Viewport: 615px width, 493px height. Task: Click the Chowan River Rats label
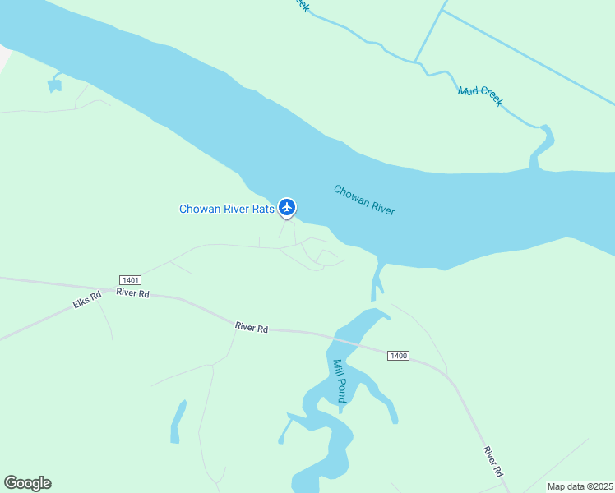pyautogui.click(x=227, y=209)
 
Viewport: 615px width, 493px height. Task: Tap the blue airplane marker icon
pyautogui.click(x=286, y=206)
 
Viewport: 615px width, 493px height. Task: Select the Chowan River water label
pyautogui.click(x=364, y=200)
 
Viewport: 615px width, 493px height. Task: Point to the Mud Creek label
pyautogui.click(x=480, y=95)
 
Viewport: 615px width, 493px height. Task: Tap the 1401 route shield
pyautogui.click(x=130, y=280)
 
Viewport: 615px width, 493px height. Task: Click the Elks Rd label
pyautogui.click(x=86, y=300)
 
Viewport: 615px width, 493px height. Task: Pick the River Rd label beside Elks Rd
pyautogui.click(x=132, y=293)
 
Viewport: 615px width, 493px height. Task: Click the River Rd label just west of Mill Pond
pyautogui.click(x=252, y=327)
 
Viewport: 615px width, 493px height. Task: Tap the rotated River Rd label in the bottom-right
pyautogui.click(x=492, y=461)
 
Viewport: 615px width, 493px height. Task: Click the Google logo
pyautogui.click(x=27, y=483)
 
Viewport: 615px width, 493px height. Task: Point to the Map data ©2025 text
pyautogui.click(x=580, y=486)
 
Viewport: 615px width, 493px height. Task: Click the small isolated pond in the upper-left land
pyautogui.click(x=55, y=83)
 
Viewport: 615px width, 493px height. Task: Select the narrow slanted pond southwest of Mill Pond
pyautogui.click(x=178, y=422)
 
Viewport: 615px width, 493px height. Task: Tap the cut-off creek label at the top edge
pyautogui.click(x=301, y=5)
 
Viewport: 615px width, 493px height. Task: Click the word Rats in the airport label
pyautogui.click(x=264, y=209)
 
